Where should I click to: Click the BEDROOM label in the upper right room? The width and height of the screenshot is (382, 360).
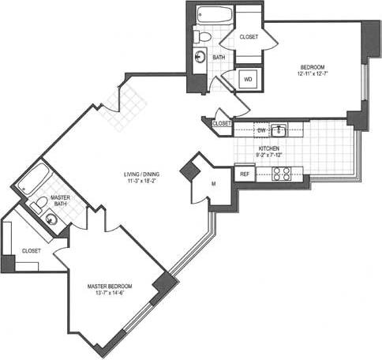point(313,66)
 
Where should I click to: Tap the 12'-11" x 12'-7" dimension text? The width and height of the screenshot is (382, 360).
point(313,75)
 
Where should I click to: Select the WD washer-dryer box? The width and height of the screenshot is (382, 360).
point(247,80)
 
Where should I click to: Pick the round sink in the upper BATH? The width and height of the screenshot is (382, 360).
point(200,57)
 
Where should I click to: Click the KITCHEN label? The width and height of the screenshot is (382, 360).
point(269,148)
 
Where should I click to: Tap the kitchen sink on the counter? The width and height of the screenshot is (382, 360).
point(279,129)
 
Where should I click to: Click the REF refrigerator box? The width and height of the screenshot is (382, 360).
point(245,173)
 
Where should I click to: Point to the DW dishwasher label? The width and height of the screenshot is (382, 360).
point(261,129)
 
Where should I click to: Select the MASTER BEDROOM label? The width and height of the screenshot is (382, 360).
point(110,286)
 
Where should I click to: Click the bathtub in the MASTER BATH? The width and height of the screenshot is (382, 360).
point(32,181)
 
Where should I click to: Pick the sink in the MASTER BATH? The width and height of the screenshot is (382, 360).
point(51,220)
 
